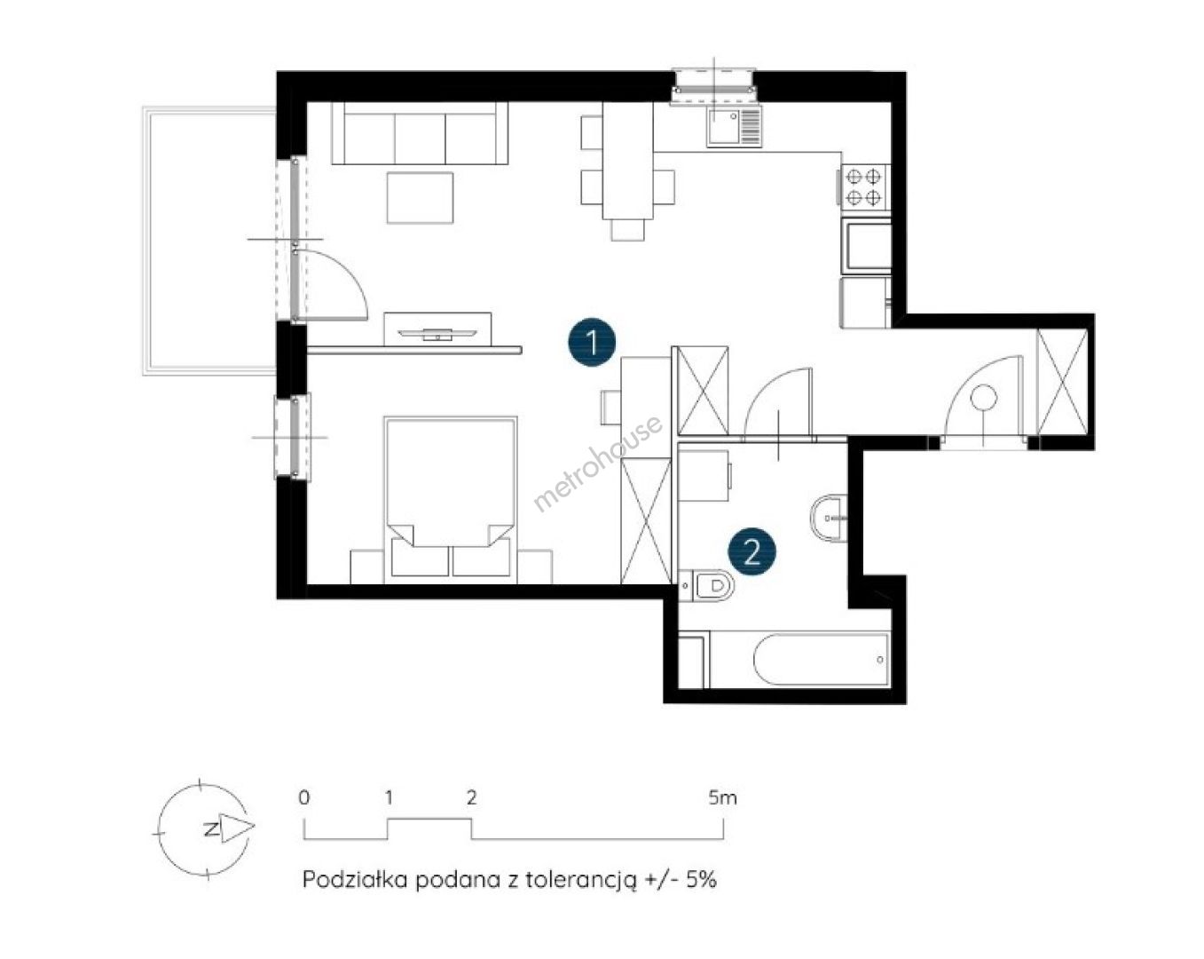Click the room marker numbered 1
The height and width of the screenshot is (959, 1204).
[592, 342]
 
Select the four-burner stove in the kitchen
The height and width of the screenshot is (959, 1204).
[863, 187]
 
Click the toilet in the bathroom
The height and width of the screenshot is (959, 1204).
[706, 586]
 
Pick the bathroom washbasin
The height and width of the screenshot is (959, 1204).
[829, 518]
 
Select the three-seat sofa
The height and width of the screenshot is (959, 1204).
[420, 133]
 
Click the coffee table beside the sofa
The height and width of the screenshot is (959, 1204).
[421, 198]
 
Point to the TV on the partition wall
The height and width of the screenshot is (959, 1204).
[438, 334]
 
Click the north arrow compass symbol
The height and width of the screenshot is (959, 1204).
[204, 828]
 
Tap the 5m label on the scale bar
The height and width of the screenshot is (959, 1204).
[723, 797]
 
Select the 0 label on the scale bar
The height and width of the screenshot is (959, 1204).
[303, 797]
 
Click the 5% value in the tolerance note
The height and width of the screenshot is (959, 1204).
[702, 879]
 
